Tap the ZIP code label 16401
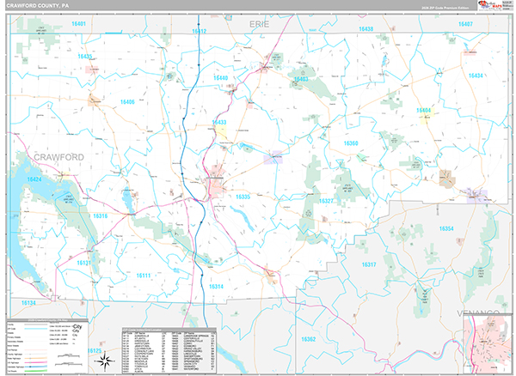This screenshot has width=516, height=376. click(79, 24)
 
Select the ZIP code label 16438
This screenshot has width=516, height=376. click(366, 29)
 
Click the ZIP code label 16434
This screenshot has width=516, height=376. click(476, 76)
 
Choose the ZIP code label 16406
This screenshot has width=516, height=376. click(127, 102)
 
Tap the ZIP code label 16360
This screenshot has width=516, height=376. click(351, 143)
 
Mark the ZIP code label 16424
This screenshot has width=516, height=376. click(34, 179)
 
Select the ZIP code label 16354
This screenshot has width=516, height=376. click(445, 228)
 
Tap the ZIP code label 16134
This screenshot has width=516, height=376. click(29, 303)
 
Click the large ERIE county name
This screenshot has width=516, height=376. click(259, 26)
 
